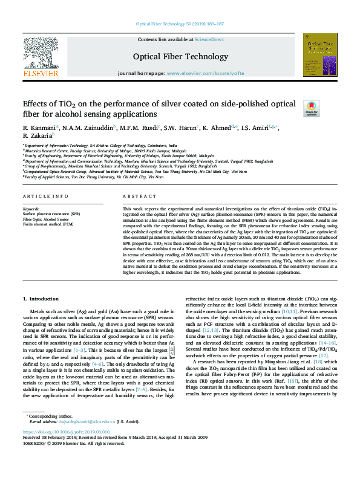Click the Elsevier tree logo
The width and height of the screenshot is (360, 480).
pyautogui.click(x=41, y=54)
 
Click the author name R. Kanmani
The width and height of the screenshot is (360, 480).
pyautogui.click(x=39, y=129)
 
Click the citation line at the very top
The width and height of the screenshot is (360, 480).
pyautogui.click(x=180, y=24)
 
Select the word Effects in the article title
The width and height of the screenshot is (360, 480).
pyautogui.click(x=36, y=103)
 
